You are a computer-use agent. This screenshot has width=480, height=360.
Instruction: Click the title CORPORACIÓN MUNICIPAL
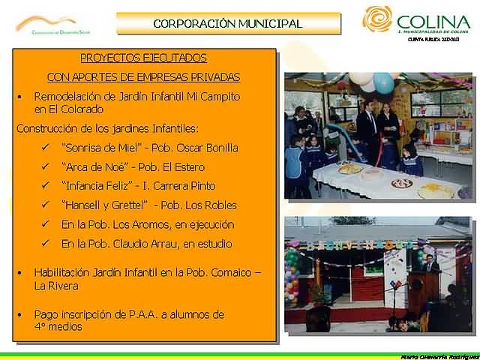[x=227, y=23]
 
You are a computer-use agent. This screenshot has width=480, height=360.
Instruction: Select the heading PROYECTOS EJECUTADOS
[x=143, y=58]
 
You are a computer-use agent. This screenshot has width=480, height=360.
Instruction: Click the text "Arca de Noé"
[x=92, y=166]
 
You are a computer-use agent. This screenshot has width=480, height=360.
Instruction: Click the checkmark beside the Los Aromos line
[x=46, y=224]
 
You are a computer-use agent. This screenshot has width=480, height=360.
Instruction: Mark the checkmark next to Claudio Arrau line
[x=46, y=244]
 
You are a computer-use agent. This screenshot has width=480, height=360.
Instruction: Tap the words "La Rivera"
[x=55, y=286]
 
